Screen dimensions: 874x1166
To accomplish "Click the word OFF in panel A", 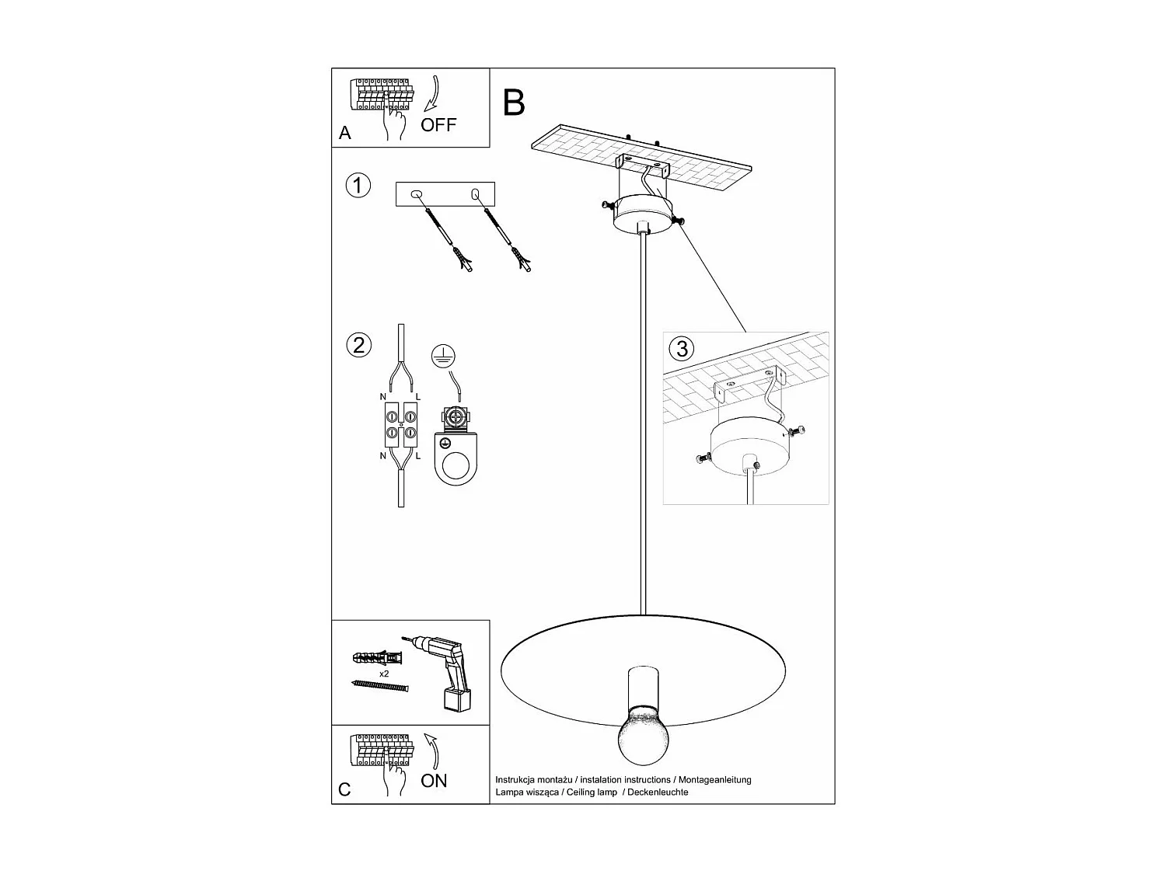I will pyautogui.click(x=438, y=124).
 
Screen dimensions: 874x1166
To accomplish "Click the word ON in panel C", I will pyautogui.click(x=434, y=781).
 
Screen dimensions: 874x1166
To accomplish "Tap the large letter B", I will pyautogui.click(x=514, y=103).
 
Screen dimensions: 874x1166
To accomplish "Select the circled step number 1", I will pyautogui.click(x=358, y=186).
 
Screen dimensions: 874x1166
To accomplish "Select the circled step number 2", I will pyautogui.click(x=358, y=345).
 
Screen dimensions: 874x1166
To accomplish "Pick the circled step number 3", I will pyautogui.click(x=682, y=348).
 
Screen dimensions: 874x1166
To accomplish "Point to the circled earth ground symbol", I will pyautogui.click(x=443, y=356).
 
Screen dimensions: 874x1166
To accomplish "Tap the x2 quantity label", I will pyautogui.click(x=384, y=674).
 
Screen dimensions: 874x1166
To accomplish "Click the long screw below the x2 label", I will pyautogui.click(x=380, y=686).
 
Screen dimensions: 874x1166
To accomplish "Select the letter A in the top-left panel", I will pyautogui.click(x=345, y=134).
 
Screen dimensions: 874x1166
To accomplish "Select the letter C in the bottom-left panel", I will pyautogui.click(x=345, y=790).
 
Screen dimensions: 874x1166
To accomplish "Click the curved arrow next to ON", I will pyautogui.click(x=431, y=751).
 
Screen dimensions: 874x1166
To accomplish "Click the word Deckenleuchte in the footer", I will pyautogui.click(x=657, y=792).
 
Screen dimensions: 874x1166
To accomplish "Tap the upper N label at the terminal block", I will pyautogui.click(x=383, y=397).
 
